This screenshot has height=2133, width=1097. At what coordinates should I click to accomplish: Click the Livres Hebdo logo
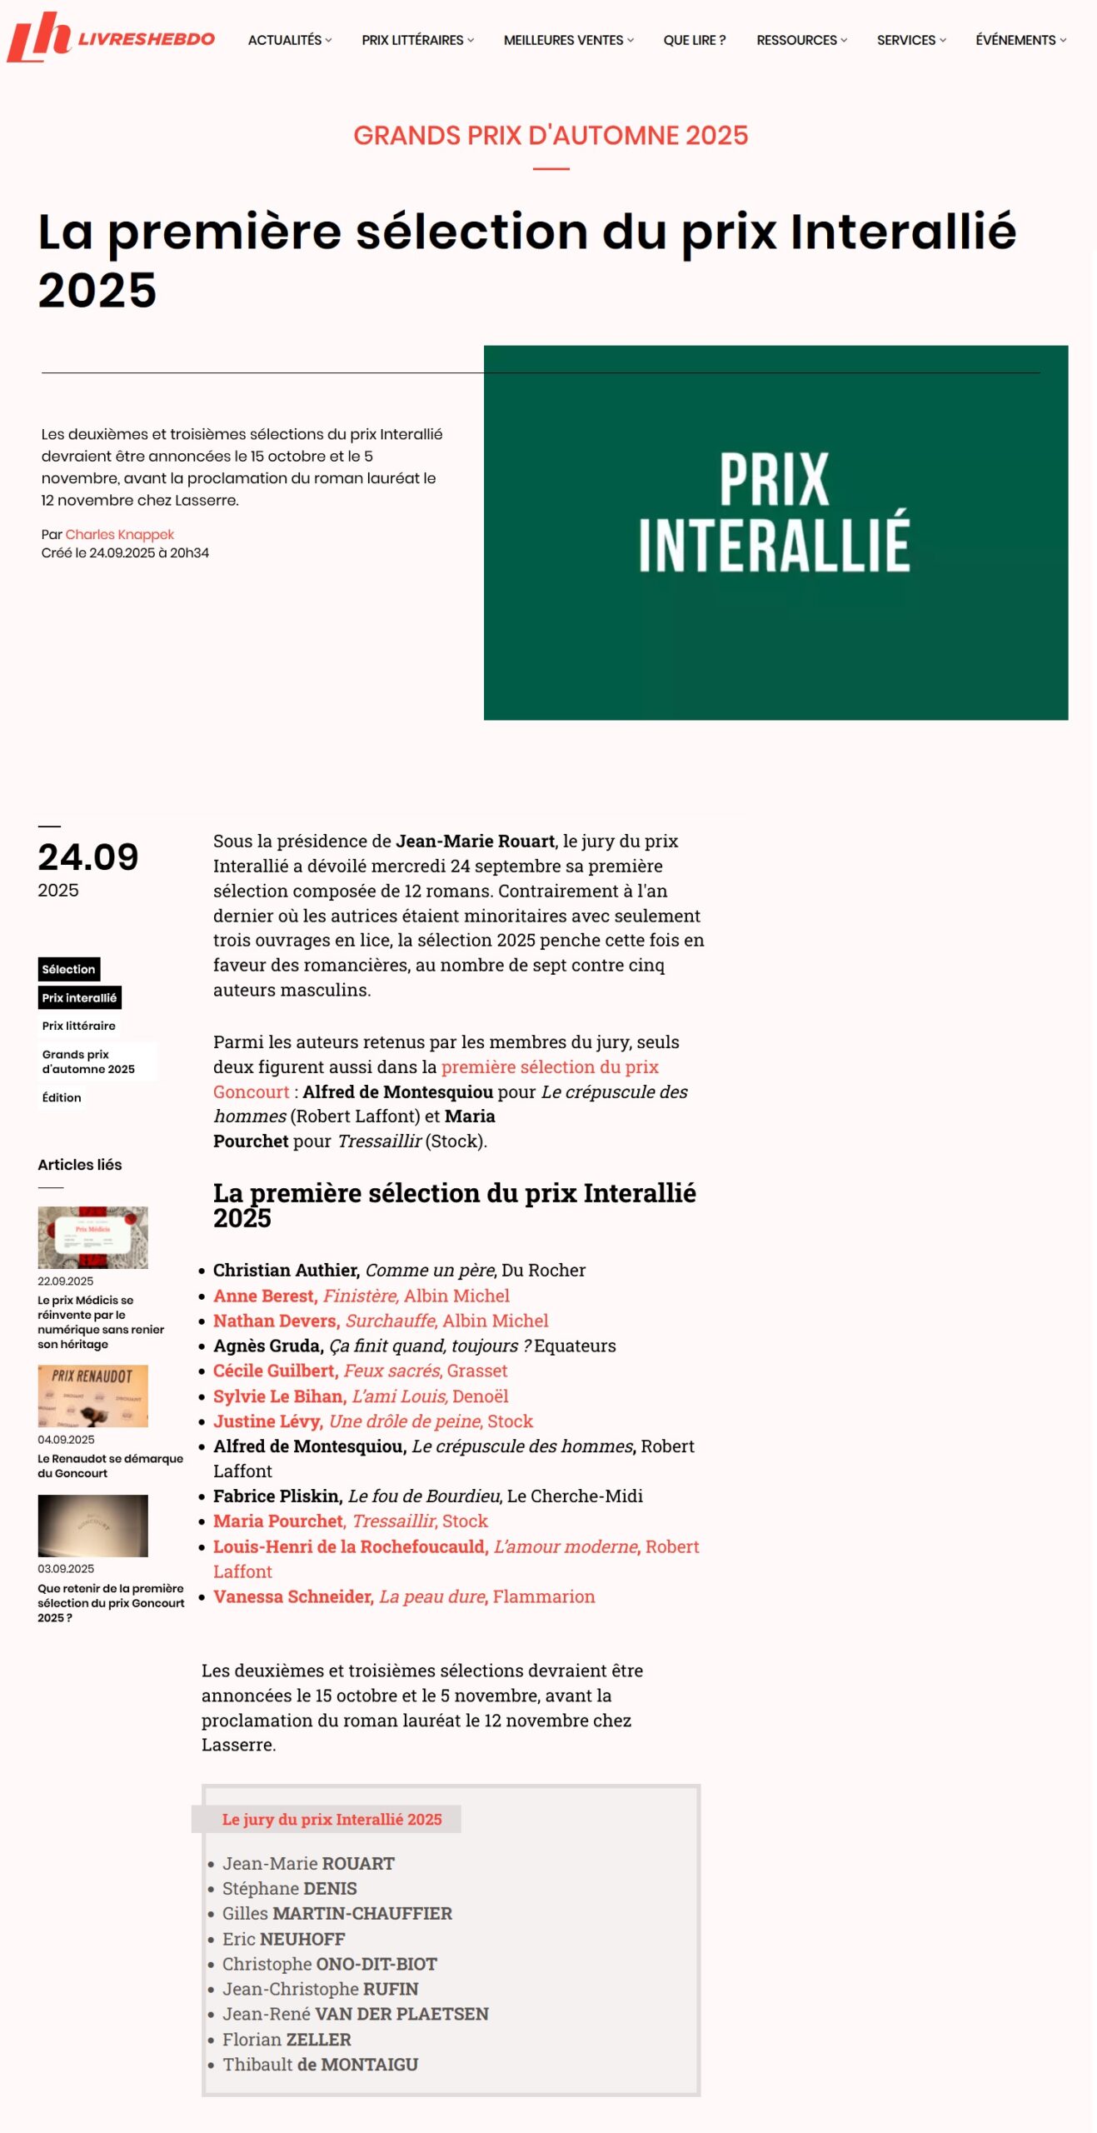pos(110,37)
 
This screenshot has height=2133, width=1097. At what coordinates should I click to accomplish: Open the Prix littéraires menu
pos(416,40)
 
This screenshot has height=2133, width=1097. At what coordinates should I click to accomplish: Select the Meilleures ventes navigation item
pos(567,40)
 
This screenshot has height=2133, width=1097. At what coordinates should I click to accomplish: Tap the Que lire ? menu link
pos(694,40)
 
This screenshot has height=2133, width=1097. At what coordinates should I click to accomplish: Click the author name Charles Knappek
pos(119,534)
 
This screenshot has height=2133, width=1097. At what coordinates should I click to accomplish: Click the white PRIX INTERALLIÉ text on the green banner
pos(774,511)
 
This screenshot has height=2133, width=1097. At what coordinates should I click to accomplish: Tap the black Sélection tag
pos(68,969)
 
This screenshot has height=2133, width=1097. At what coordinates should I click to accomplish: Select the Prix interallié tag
pos(79,997)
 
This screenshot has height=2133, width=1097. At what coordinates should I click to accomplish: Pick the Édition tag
pos(62,1097)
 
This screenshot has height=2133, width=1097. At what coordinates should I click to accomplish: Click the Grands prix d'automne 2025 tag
pos(88,1062)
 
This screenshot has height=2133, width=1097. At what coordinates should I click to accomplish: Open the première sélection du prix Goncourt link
pos(550,1066)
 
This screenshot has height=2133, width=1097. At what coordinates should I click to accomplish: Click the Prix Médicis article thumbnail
pos(92,1237)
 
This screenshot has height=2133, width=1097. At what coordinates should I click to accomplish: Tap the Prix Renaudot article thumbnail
pos(92,1396)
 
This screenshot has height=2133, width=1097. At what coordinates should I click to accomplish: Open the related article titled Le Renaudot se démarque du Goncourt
pos(110,1466)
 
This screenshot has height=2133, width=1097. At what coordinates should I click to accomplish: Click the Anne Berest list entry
pos(361,1296)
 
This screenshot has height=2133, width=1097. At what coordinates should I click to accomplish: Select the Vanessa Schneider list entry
pos(404,1596)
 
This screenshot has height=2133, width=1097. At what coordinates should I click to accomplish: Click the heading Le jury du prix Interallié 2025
pos(332,1819)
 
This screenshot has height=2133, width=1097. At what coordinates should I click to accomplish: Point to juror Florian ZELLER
pos(287,2039)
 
